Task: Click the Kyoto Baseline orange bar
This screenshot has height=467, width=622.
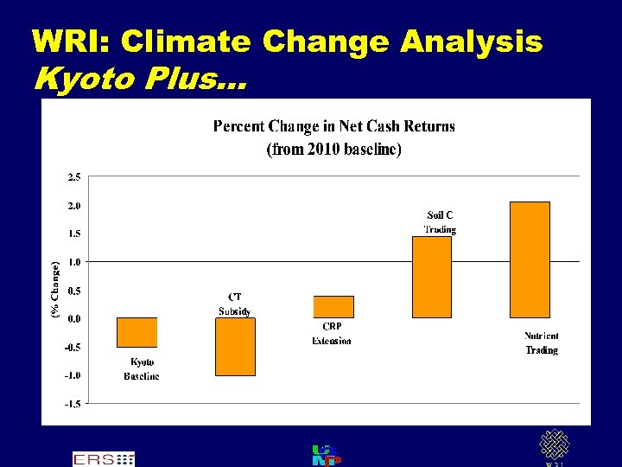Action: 136,332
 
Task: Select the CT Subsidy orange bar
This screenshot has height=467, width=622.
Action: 235,346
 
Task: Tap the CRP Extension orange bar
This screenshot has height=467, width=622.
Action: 333,306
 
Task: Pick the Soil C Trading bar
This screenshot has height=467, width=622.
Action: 431,277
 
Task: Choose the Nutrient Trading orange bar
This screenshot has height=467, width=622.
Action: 530,259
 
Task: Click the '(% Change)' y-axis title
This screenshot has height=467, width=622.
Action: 55,289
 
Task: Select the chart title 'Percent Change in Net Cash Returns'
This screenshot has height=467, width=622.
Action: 333,126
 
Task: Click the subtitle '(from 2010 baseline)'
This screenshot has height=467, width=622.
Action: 333,150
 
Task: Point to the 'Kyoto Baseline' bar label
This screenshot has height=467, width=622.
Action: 142,369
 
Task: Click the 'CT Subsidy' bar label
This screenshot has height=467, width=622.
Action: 234,304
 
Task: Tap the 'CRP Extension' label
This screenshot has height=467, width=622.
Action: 332,333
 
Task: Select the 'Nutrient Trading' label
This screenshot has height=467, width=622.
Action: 542,342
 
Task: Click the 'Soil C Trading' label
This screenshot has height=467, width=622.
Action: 440,222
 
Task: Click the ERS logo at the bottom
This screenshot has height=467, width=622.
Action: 104,458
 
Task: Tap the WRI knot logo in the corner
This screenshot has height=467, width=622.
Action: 555,446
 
